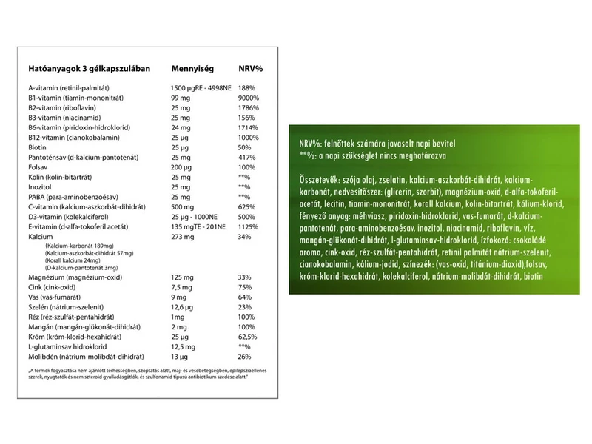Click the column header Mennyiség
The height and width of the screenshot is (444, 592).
pyautogui.click(x=192, y=68)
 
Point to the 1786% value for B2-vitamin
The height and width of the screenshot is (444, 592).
pyautogui.click(x=249, y=107)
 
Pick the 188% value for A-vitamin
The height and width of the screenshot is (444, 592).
pyautogui.click(x=246, y=87)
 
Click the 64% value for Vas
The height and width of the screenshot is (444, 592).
pyautogui.click(x=245, y=297)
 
